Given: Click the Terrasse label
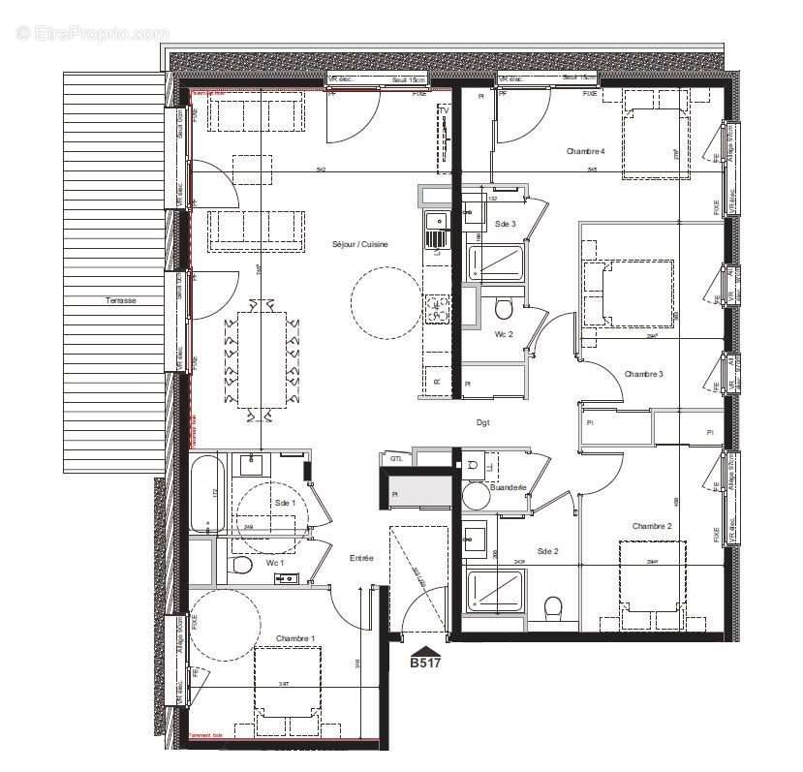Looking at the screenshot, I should tap(121, 300).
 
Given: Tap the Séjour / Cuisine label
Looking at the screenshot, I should tap(359, 244).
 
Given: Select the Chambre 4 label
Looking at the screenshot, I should tap(585, 151).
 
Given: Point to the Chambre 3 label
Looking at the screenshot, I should tap(643, 374).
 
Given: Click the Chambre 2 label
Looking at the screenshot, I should tap(652, 526).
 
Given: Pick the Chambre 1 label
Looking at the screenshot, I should tap(295, 638).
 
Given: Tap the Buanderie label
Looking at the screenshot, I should tap(509, 487).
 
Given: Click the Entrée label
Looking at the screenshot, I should tap(361, 558).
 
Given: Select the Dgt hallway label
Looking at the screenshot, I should tap(483, 423).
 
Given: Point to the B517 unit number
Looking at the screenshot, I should tap(424, 664).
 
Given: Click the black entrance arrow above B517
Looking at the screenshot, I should tap(424, 650).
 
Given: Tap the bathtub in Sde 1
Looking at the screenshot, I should tap(207, 494).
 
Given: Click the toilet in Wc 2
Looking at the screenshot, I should tap(503, 309).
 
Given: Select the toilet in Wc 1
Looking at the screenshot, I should tap(241, 565).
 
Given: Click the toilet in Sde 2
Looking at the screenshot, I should tap(553, 608).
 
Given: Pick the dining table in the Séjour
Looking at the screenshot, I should tap(261, 357).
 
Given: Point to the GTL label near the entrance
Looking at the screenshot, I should tap(396, 459).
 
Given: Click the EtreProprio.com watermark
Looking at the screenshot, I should tap(92, 33).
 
